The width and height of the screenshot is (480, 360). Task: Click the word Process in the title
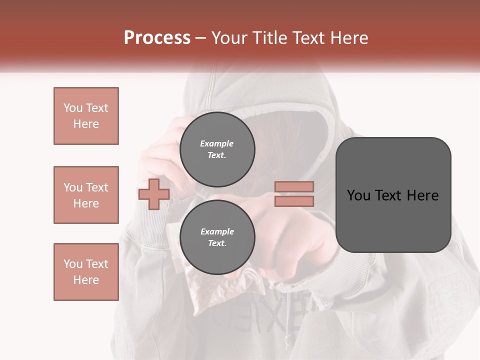(157, 38)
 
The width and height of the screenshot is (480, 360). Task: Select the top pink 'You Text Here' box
(86, 116)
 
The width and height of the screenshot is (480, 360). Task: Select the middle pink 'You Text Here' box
(86, 195)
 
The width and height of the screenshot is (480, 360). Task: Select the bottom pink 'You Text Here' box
(86, 272)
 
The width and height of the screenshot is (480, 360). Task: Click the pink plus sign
(153, 194)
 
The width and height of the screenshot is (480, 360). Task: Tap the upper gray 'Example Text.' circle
(217, 149)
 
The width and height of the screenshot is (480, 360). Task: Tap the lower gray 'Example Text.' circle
(217, 237)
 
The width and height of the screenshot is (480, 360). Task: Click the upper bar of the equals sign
(294, 186)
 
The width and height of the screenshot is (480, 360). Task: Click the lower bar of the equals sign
(294, 201)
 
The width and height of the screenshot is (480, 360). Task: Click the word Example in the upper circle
(216, 143)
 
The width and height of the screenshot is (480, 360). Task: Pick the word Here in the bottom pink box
(86, 280)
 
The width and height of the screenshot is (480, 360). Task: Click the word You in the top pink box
(72, 108)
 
